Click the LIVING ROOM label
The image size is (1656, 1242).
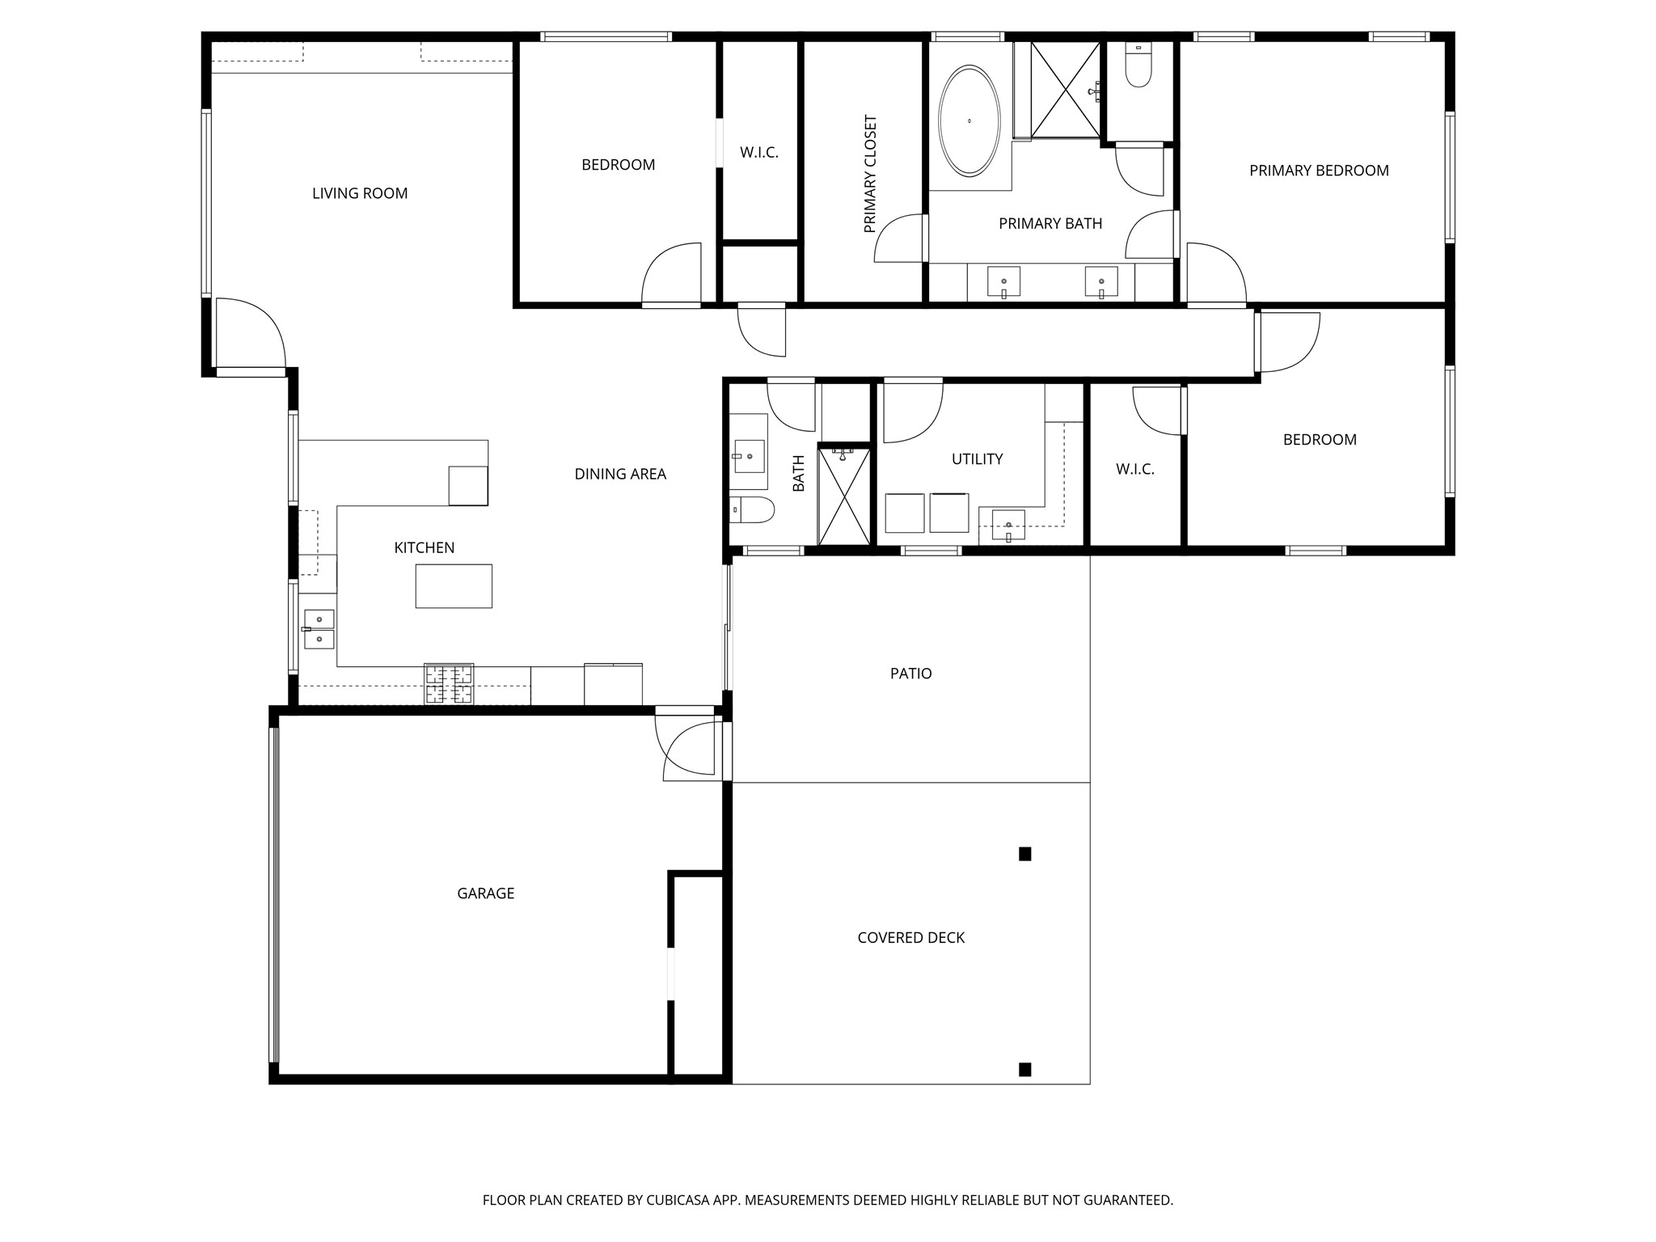tap(360, 193)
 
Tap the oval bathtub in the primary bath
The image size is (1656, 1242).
tap(969, 121)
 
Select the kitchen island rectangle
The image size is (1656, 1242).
tap(454, 585)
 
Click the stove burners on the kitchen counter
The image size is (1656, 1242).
tap(449, 683)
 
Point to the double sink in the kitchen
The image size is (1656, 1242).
tap(319, 630)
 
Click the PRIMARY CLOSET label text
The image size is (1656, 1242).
tap(870, 174)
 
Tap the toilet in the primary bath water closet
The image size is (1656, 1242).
tap(1138, 69)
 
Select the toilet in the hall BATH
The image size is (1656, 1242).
tap(754, 510)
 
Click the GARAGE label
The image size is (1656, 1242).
tap(485, 893)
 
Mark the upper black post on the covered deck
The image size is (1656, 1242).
tap(1024, 854)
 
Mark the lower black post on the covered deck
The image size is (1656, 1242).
tap(1024, 1069)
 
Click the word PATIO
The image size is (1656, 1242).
tap(910, 674)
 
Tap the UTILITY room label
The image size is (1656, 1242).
tap(977, 459)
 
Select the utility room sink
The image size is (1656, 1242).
tap(1008, 526)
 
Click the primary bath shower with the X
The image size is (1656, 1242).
tap(1065, 89)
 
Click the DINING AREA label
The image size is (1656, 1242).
tap(620, 475)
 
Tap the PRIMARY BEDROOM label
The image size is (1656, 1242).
tap(1319, 171)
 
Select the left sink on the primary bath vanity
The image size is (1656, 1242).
tap(1003, 282)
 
